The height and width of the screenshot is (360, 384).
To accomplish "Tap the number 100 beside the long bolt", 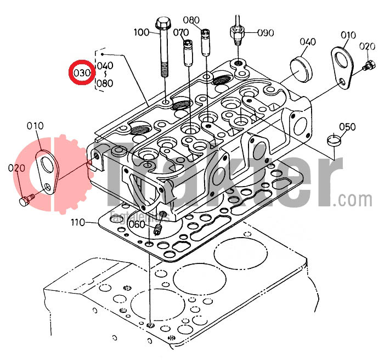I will click(x=141, y=32).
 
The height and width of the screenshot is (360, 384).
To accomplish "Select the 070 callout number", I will click(x=180, y=32).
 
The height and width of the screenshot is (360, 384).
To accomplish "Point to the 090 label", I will click(x=266, y=32).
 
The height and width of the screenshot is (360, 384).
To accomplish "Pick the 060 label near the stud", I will click(x=136, y=224).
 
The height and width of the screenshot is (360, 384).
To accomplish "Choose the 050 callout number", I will click(x=347, y=127).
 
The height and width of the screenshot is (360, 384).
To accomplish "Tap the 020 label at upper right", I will click(x=367, y=46).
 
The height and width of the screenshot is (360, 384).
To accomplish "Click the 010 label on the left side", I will click(x=35, y=127).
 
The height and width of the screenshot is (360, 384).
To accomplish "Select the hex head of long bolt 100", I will click(x=163, y=24).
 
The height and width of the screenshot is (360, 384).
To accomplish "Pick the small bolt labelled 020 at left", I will click(x=25, y=201).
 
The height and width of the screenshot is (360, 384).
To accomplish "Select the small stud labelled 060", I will click(x=160, y=228).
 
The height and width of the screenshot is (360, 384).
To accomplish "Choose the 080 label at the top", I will click(x=191, y=20).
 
